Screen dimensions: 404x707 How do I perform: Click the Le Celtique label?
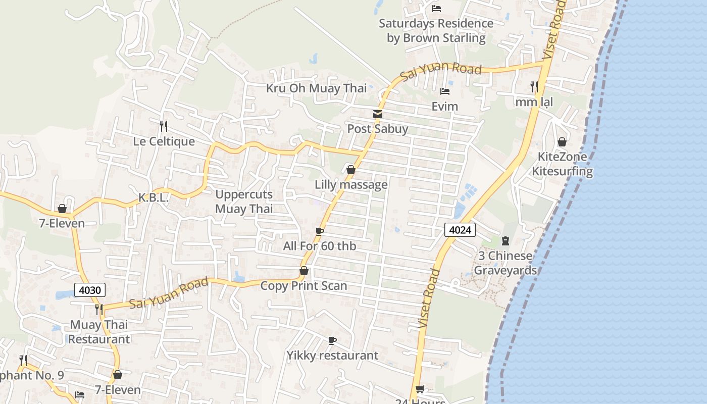click(164, 141)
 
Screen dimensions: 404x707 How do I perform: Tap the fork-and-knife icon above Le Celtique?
click(164, 125)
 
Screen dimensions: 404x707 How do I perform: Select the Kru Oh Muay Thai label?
click(316, 88)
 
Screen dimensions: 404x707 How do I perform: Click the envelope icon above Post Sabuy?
click(378, 114)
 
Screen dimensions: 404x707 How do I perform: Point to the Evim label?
click(444, 107)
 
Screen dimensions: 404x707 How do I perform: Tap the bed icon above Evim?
click(444, 91)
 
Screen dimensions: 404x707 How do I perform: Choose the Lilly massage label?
click(351, 185)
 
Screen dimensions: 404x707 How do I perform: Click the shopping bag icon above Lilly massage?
click(350, 170)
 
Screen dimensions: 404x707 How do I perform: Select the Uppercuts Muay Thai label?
click(244, 201)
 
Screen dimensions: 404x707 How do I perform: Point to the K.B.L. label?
click(154, 198)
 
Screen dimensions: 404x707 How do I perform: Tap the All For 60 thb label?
click(319, 246)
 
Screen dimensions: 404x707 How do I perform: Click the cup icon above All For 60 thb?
click(319, 231)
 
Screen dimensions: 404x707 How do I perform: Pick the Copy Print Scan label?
click(304, 286)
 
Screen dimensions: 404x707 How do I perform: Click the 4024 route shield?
click(460, 230)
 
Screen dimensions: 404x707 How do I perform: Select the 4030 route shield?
click(90, 290)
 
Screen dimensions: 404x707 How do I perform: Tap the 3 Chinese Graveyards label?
click(505, 263)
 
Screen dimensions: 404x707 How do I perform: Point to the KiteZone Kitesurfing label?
click(562, 164)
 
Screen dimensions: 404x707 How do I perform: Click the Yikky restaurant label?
click(332, 356)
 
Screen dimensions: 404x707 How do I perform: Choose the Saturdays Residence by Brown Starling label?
click(436, 31)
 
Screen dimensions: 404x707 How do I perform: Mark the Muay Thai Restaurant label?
click(99, 332)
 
